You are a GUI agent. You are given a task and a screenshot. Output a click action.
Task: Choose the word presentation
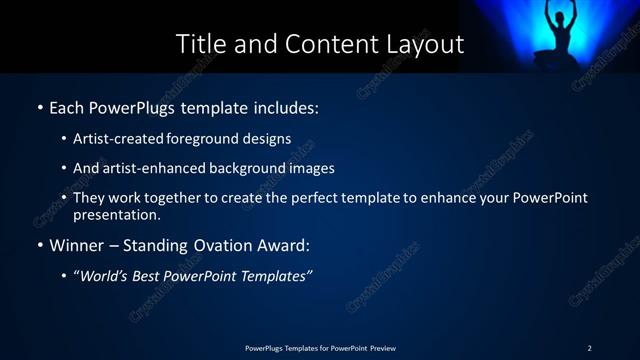(115, 214)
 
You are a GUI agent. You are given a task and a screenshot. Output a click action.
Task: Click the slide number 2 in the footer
(589, 348)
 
